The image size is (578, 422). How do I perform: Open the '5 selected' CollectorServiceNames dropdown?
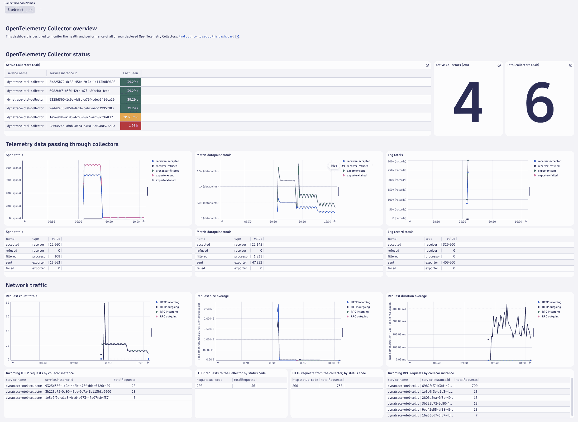point(20,10)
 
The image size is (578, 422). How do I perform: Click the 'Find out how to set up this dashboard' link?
point(206,36)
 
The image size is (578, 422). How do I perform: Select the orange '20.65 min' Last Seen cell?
point(131,117)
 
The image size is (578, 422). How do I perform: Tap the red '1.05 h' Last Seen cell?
point(131,126)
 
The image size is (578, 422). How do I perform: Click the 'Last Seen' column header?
point(130,73)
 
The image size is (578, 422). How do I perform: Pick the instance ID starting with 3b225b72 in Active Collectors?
point(82,82)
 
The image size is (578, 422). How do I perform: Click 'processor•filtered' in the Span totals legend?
point(167,171)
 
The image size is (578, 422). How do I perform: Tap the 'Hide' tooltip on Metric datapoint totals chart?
point(334,166)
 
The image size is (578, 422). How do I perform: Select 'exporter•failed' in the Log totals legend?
point(548,176)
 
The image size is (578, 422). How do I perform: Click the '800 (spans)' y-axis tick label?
point(13,168)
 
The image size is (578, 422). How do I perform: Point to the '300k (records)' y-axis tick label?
point(397,161)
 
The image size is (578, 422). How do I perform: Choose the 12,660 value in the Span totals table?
point(55,245)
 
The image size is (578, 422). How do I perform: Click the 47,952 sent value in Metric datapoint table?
point(257,262)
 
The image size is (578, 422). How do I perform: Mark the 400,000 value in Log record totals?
point(449,262)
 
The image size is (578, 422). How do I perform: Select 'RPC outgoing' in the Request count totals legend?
point(168,317)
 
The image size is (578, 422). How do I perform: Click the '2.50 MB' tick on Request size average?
point(209,309)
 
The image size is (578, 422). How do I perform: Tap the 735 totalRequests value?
point(339,386)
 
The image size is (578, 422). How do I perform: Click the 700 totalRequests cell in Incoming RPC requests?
point(474,386)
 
